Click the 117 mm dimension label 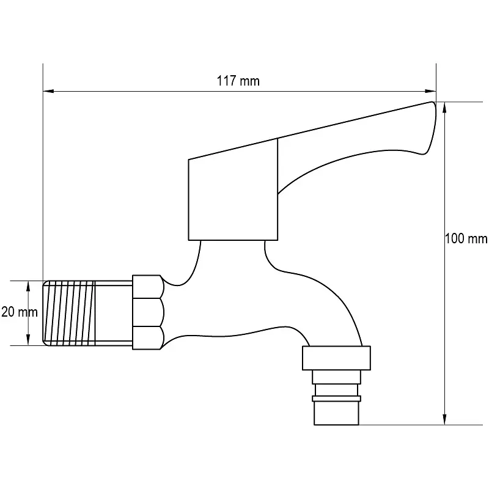tap(238, 81)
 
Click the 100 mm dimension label tap(466, 238)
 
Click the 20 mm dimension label tap(20, 312)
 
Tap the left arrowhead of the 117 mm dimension tap(49, 91)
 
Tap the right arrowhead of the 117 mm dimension tap(430, 91)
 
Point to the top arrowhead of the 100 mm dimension tap(445, 108)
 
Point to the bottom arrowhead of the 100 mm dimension tap(445, 419)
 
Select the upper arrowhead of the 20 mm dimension tap(28, 287)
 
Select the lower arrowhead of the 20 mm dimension tap(28, 340)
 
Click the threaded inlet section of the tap tap(68, 313)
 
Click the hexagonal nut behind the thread tap(148, 312)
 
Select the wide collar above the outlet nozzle tap(337, 358)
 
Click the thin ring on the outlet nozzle tap(337, 399)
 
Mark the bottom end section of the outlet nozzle tap(337, 413)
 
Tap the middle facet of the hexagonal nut tap(148, 312)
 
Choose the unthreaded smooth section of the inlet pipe tap(114, 313)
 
